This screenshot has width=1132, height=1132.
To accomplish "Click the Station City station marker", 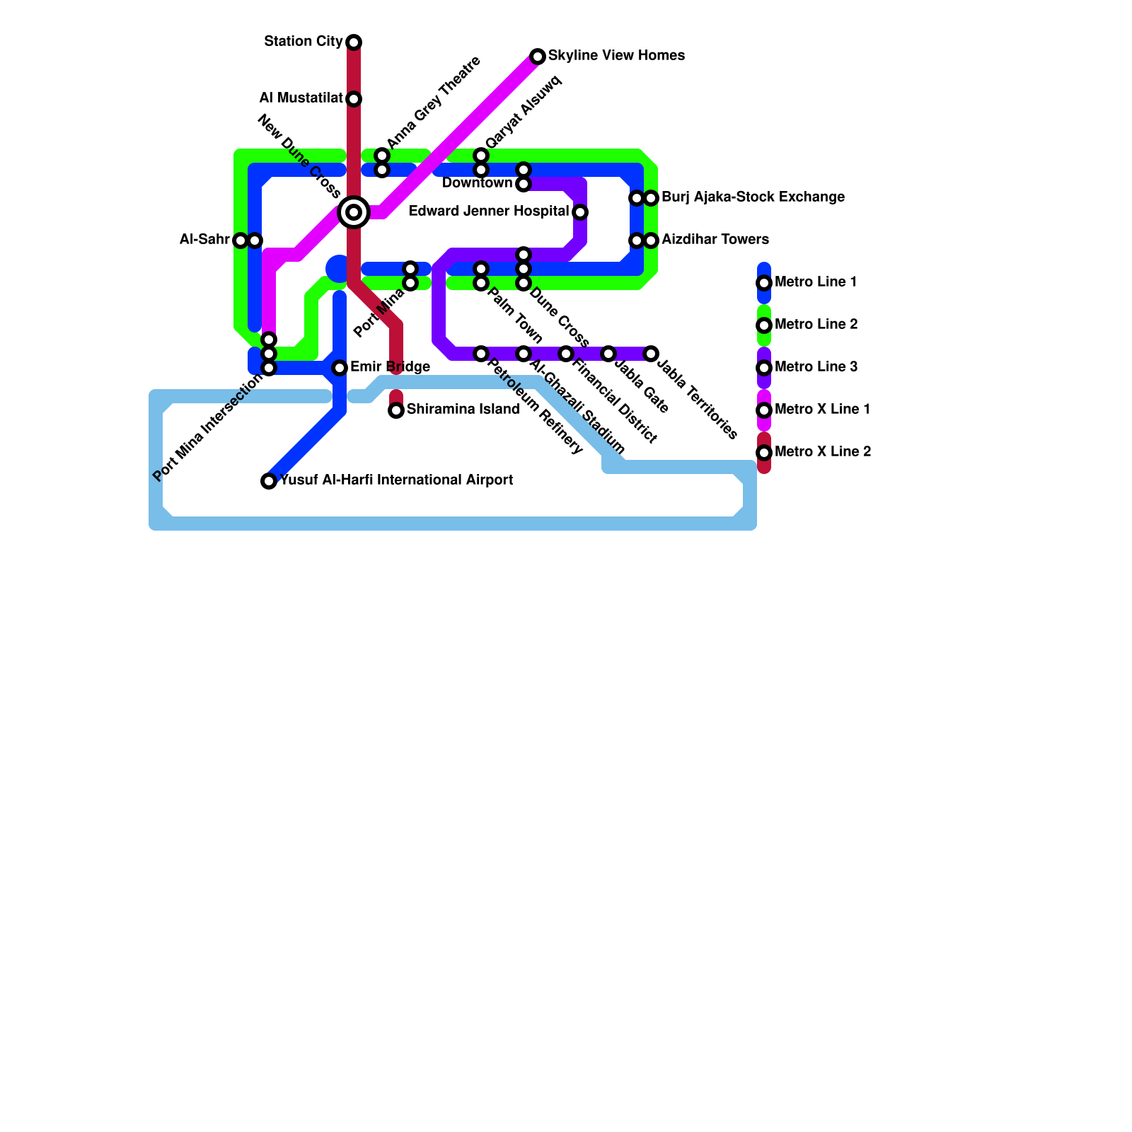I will pyautogui.click(x=354, y=42).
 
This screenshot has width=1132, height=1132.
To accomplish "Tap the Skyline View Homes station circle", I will pyautogui.click(x=538, y=57).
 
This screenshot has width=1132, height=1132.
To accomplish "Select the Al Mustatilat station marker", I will pyautogui.click(x=354, y=99).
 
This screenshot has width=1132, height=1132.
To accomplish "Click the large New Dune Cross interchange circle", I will pyautogui.click(x=354, y=212).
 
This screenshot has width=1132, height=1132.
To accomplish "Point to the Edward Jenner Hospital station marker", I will pyautogui.click(x=580, y=212).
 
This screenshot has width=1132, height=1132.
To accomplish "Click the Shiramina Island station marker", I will pyautogui.click(x=396, y=410).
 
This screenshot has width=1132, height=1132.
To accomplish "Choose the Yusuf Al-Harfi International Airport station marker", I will pyautogui.click(x=269, y=481).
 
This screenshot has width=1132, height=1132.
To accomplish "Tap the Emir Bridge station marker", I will pyautogui.click(x=340, y=368).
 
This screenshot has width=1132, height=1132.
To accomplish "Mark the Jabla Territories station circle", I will pyautogui.click(x=651, y=354).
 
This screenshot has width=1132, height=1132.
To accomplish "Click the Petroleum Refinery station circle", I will pyautogui.click(x=481, y=354).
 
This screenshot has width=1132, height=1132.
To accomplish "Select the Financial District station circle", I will pyautogui.click(x=566, y=354).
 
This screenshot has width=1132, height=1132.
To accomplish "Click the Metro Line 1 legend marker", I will pyautogui.click(x=764, y=283).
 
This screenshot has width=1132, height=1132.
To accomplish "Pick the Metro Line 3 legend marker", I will pyautogui.click(x=764, y=368).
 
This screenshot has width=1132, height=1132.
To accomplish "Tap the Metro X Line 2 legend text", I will pyautogui.click(x=823, y=452).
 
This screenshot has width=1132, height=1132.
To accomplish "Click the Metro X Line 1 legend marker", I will pyautogui.click(x=764, y=410).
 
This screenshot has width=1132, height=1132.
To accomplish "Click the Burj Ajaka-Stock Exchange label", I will pyautogui.click(x=753, y=197).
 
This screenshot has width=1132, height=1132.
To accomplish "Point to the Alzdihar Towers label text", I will pyautogui.click(x=715, y=240).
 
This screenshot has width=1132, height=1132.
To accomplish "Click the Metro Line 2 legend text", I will pyautogui.click(x=816, y=325).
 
